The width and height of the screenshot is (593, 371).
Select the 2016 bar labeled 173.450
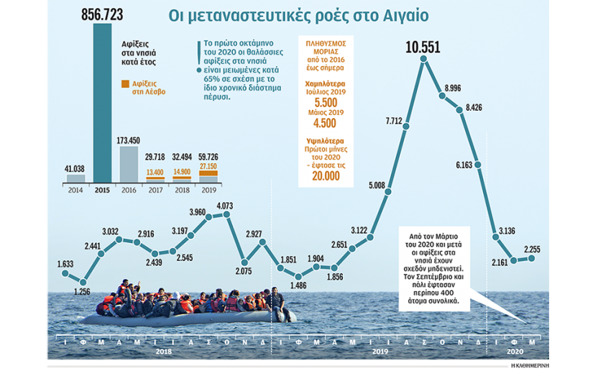128,164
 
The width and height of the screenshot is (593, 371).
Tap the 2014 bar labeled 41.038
75,178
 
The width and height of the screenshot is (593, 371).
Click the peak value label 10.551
423,48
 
